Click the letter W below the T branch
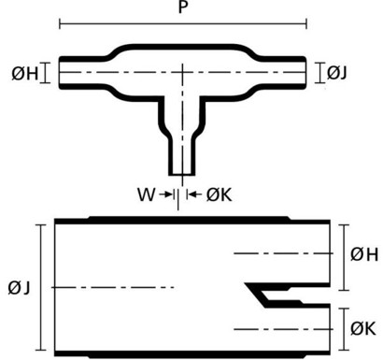(146, 194)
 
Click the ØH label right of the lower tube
(364, 252)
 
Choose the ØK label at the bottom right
(364, 328)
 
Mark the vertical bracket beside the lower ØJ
(40, 287)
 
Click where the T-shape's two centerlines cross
(182, 72)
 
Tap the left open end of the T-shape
(61, 73)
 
